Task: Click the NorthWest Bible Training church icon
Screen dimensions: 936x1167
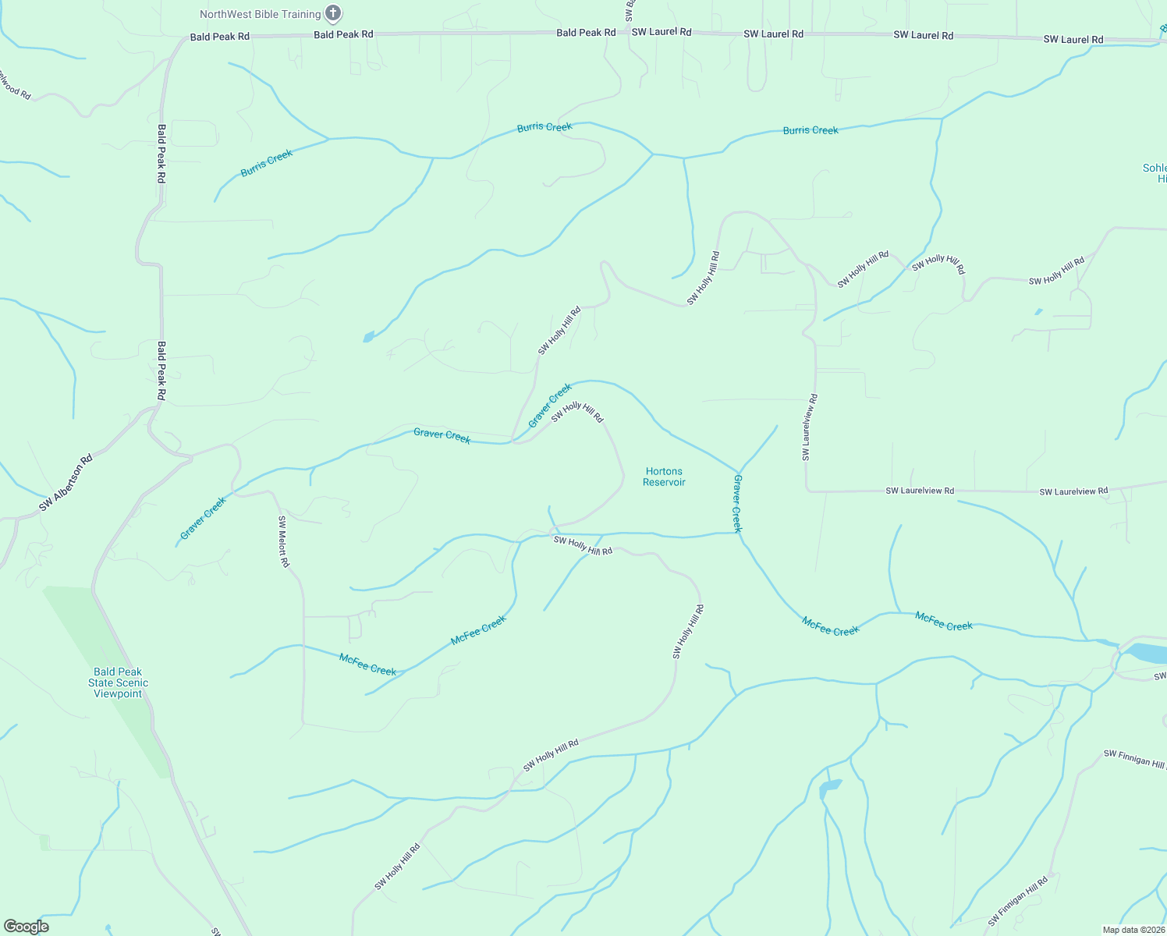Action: click(x=333, y=13)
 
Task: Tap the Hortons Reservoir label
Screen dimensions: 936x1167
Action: click(x=664, y=477)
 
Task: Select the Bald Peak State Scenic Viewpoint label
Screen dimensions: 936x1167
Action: click(x=118, y=682)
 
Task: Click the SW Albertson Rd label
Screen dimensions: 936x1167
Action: click(x=66, y=484)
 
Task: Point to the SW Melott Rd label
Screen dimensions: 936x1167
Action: click(x=284, y=541)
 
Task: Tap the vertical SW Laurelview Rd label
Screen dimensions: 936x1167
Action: click(x=810, y=427)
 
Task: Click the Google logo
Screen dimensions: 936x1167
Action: click(x=27, y=926)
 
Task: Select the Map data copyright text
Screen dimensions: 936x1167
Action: click(x=1133, y=930)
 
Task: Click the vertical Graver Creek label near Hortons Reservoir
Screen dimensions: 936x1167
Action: click(x=737, y=503)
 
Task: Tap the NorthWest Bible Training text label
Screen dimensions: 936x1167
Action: click(x=260, y=14)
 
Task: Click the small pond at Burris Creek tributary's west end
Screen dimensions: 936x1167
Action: click(x=368, y=337)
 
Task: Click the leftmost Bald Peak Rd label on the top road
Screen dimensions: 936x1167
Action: click(x=220, y=37)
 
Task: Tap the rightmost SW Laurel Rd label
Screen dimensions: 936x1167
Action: click(x=1073, y=39)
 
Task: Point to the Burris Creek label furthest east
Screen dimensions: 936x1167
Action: click(x=811, y=130)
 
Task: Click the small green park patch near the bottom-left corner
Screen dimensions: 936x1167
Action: click(x=44, y=842)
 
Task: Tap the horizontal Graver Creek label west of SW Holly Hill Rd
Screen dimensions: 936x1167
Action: click(x=442, y=436)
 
